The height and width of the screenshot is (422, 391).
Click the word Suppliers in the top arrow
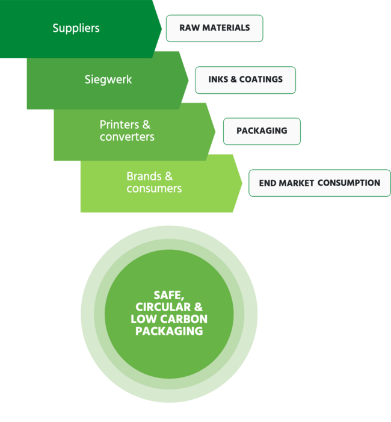[76, 28]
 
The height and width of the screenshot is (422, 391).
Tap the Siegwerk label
[108, 79]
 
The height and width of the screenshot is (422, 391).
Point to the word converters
[127, 137]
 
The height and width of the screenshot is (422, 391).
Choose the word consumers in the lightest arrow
[154, 189]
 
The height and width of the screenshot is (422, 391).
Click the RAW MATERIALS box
[214, 28]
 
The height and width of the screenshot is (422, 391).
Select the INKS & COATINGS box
[245, 80]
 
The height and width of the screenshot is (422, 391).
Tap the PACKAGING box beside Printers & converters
[261, 131]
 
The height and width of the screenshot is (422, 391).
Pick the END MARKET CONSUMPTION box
[319, 183]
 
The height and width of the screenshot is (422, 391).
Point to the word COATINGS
[261, 80]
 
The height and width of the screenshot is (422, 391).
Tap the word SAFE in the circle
[168, 295]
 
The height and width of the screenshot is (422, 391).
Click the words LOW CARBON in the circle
[169, 319]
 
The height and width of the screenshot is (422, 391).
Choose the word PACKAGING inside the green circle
[169, 331]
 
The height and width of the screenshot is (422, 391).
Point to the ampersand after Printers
[146, 125]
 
